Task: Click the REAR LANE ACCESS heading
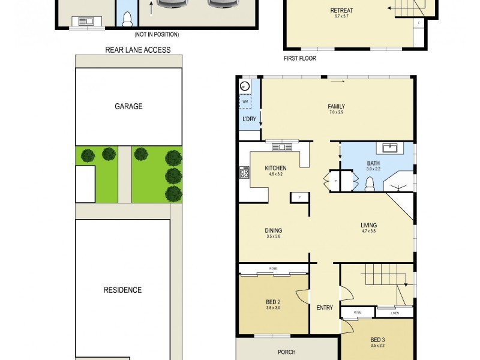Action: click(138, 50)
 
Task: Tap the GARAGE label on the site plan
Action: click(128, 107)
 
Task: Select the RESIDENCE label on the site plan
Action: click(122, 290)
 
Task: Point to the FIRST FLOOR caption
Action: click(299, 59)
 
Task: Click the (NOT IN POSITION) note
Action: click(157, 35)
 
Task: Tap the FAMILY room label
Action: click(336, 107)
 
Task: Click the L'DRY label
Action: click(249, 119)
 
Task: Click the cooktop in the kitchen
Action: click(245, 173)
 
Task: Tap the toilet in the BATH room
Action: click(370, 184)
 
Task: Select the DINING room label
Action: click(274, 230)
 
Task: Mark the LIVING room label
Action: click(368, 226)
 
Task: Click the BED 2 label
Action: click(274, 302)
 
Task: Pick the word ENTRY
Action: click(325, 308)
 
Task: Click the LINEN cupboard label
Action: click(394, 313)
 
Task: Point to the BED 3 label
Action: click(378, 340)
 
